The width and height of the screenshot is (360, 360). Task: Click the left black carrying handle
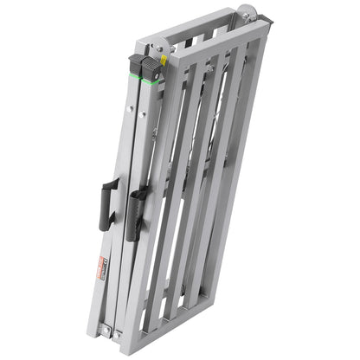pyautogui.click(x=106, y=204)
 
